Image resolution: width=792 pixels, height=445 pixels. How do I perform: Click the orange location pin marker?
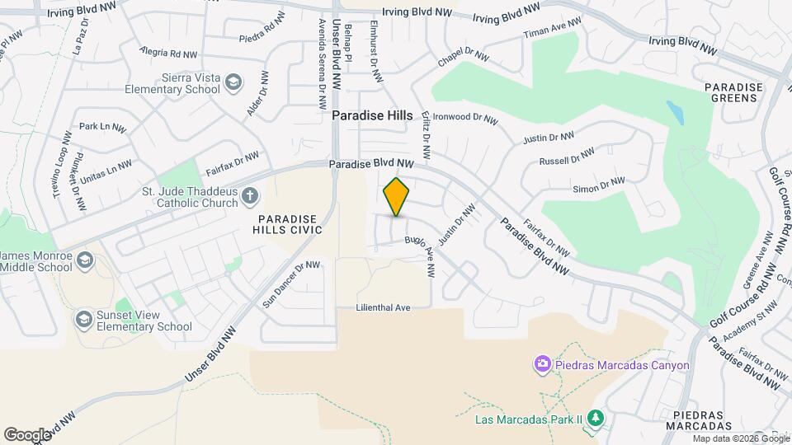pos(396,196)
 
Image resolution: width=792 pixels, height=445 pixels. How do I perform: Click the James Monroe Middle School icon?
pos(84,261)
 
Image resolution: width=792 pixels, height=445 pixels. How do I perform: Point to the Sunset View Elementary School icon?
pos(83,319)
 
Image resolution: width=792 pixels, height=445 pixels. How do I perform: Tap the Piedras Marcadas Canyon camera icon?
pos(542,363)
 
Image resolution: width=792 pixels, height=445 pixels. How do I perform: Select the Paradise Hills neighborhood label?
pos(372,116)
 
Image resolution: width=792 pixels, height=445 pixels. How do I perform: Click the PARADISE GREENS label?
pos(730,92)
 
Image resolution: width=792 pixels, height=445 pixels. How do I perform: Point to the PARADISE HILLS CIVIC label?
pos(287,225)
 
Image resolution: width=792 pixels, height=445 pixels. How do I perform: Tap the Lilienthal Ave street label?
pos(383,307)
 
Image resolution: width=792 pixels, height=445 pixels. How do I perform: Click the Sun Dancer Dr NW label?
pos(290,284)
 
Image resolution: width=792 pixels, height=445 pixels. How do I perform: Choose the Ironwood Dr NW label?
pos(465,118)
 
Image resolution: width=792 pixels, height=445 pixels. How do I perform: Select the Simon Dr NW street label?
pos(601,185)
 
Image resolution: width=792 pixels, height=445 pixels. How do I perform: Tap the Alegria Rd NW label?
pos(169,54)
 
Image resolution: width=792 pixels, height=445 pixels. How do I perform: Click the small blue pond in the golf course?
pos(675,112)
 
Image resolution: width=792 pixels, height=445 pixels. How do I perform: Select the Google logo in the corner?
pos(27,434)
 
